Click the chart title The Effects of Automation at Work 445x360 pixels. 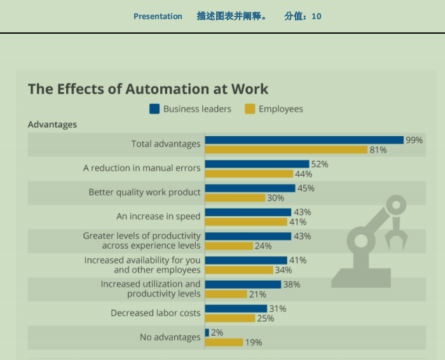coord(148,89)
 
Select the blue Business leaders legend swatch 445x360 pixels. coord(154,109)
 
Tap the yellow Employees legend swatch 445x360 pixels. coord(250,109)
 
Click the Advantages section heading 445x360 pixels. coord(52,125)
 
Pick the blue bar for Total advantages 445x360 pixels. coord(304,140)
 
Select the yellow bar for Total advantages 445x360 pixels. coord(286,150)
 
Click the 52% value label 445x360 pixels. coord(320,164)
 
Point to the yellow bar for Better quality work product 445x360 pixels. coord(235,198)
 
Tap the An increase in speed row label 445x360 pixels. coord(158,216)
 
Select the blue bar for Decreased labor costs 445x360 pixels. coord(236,308)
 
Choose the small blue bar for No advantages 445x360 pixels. coord(207,333)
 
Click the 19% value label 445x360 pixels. coord(254,342)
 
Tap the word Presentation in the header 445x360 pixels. coord(158,17)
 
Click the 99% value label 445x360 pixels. coord(414,140)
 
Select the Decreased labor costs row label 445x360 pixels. coord(156,313)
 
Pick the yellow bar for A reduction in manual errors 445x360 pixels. coord(249,174)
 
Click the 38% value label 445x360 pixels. coord(292,284)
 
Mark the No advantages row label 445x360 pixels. coord(170,337)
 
